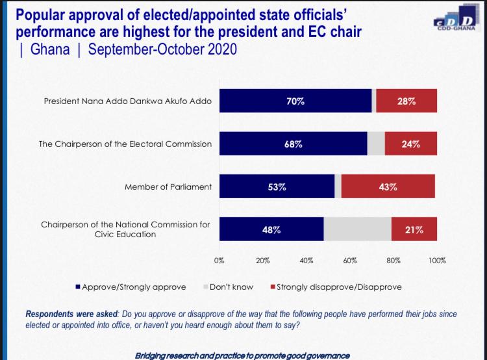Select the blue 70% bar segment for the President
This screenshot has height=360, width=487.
(295, 101)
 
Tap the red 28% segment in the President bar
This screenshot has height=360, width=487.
(406, 101)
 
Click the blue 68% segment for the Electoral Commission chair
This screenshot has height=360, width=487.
(293, 144)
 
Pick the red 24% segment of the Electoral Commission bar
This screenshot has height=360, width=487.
(410, 144)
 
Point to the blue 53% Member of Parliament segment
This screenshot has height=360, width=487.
(277, 186)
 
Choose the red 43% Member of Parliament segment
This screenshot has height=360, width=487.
(388, 186)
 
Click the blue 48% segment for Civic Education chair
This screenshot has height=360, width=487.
(271, 229)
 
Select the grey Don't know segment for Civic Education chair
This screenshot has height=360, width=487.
(357, 229)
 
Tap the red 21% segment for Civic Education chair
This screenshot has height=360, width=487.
(414, 229)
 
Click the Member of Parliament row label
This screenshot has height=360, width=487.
(168, 187)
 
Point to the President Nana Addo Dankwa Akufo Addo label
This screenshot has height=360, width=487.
(127, 102)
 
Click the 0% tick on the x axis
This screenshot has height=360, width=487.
(219, 260)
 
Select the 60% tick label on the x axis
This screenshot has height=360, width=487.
(350, 260)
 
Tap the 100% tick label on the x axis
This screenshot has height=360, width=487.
(437, 260)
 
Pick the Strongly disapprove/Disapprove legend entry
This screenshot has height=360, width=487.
(338, 287)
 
